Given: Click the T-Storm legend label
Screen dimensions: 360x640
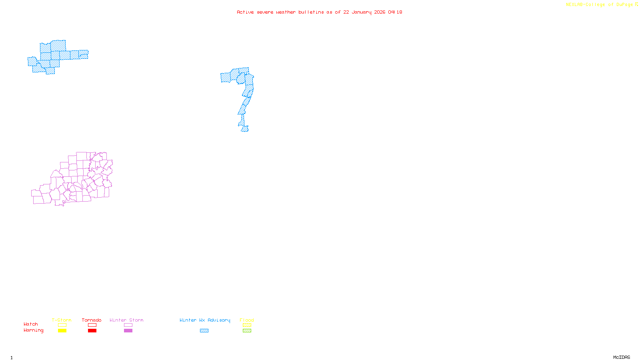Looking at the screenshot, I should (x=62, y=320).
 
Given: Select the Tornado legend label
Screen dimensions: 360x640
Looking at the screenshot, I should (x=92, y=320).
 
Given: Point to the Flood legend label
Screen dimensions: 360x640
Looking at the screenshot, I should (x=247, y=320).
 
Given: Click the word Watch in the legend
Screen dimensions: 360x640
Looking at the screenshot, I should (x=31, y=324).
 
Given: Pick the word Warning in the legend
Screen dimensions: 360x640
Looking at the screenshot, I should (x=34, y=330).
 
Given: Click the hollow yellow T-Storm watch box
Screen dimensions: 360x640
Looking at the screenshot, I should (x=62, y=325).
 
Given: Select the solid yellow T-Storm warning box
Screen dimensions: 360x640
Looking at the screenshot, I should (x=62, y=331).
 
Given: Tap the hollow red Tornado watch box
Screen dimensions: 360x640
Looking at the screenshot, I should (x=92, y=325).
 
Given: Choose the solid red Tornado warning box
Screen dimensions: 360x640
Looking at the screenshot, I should (x=92, y=331).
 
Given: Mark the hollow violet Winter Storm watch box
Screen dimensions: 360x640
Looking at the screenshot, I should (x=128, y=325).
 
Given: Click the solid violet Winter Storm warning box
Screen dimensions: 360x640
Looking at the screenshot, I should (x=128, y=331).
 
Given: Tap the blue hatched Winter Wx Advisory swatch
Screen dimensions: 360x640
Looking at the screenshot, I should (x=204, y=331).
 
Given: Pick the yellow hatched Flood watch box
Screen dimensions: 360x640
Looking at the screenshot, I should (x=247, y=325).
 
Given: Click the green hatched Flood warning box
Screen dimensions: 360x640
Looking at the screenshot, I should (x=247, y=331).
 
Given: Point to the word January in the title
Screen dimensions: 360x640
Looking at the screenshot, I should (x=362, y=12).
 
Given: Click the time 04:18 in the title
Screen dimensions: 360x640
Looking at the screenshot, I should (x=395, y=12).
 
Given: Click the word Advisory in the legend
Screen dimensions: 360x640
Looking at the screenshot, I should (x=219, y=320).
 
